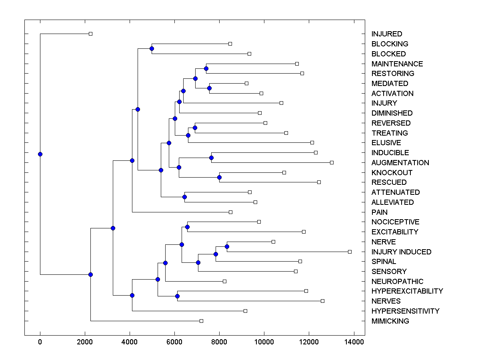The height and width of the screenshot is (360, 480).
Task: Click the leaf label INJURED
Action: (386, 34)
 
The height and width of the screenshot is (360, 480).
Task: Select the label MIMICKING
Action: (390, 321)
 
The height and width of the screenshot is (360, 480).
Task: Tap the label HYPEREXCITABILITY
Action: (407, 291)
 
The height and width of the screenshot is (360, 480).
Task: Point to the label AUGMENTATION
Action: (400, 163)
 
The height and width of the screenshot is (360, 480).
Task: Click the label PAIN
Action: (379, 212)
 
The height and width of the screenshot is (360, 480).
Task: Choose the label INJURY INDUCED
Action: (401, 252)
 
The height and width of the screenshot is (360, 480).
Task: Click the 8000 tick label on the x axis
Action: (219, 342)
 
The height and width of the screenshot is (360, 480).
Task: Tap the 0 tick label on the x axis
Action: (40, 342)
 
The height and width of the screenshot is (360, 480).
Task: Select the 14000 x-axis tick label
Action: (354, 342)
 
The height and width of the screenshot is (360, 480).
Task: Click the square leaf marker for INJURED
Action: (90, 34)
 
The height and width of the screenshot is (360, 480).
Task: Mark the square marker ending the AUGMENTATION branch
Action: (332, 162)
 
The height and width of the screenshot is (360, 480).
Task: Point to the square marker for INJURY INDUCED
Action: (350, 252)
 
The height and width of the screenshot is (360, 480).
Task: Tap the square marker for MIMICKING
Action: (201, 321)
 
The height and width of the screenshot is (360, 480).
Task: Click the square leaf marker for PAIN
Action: (230, 212)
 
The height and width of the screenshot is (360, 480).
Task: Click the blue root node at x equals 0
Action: (40, 154)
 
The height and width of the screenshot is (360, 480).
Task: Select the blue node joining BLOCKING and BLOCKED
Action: (152, 49)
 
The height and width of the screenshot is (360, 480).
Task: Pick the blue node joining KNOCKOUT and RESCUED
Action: (219, 177)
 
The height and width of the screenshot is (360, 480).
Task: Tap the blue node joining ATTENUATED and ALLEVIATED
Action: (184, 197)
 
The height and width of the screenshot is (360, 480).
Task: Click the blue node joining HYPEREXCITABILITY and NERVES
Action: (177, 296)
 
